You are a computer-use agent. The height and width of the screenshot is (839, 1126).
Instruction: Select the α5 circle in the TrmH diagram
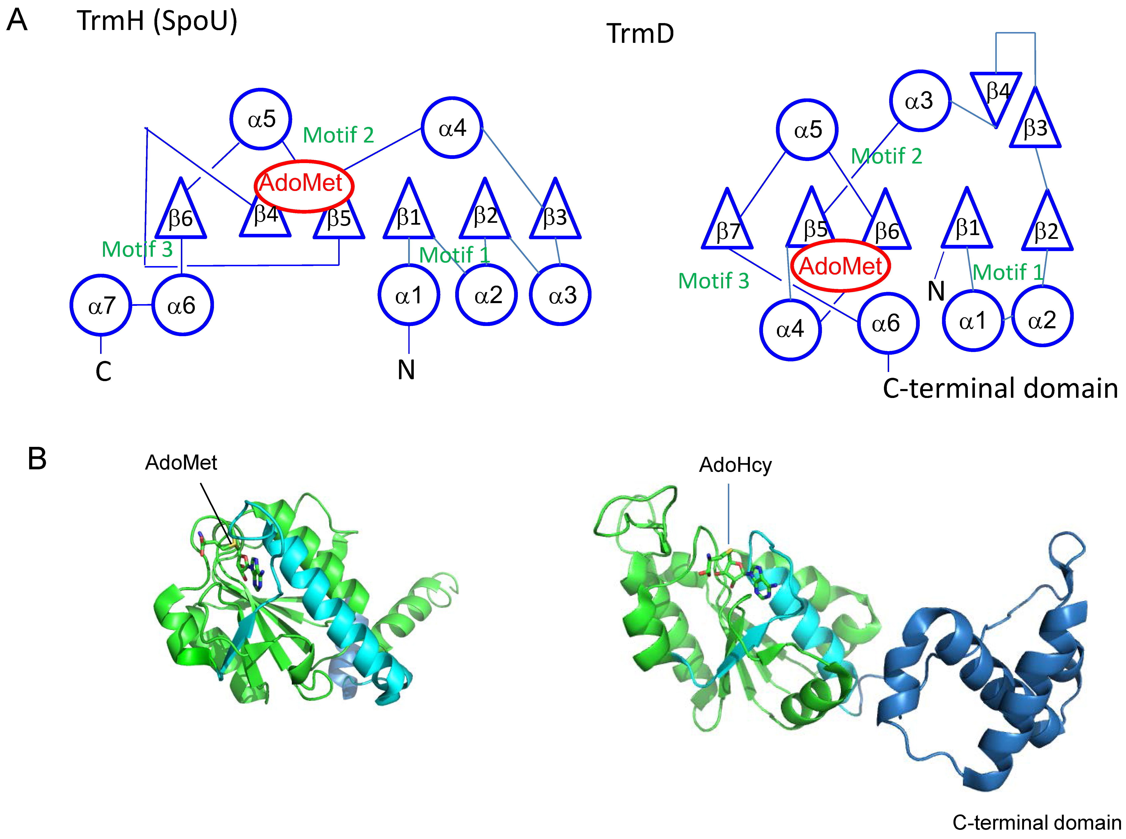pyautogui.click(x=261, y=119)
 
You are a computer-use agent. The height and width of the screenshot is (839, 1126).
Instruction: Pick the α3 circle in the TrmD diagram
pyautogui.click(x=920, y=100)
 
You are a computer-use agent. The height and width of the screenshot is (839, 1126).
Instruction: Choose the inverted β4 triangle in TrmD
pyautogui.click(x=996, y=94)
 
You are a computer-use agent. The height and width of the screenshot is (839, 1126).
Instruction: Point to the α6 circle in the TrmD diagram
pyautogui.click(x=888, y=323)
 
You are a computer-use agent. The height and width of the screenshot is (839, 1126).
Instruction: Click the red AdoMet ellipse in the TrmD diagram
pyautogui.click(x=840, y=266)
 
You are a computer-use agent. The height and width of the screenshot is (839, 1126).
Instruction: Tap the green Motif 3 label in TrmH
pyautogui.click(x=137, y=249)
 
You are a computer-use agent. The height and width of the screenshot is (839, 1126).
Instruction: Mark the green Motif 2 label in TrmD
pyautogui.click(x=886, y=156)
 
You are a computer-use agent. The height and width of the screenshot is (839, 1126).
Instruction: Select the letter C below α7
pyautogui.click(x=103, y=371)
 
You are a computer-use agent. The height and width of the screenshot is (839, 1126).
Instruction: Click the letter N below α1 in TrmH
pyautogui.click(x=406, y=370)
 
